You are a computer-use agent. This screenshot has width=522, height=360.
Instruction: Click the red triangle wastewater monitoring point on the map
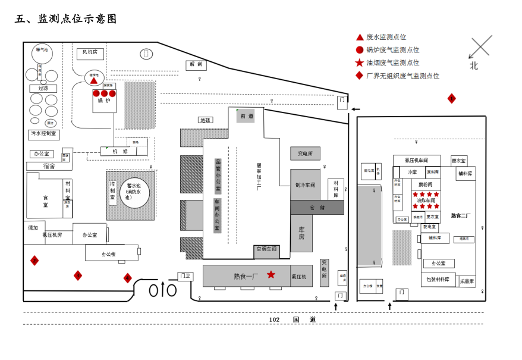coord(94,80)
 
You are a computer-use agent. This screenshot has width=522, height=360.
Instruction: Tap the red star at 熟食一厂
coord(271,274)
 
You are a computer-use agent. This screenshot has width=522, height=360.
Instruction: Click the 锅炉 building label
coord(104,101)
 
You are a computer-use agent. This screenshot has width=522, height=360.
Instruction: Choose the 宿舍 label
coord(49,167)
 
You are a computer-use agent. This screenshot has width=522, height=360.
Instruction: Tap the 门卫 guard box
coord(185,276)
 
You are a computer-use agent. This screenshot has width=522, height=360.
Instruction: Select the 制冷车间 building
coord(305,184)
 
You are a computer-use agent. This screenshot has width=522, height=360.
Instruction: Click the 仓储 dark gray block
coord(317,208)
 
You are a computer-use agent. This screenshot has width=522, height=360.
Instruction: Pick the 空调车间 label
coord(267,249)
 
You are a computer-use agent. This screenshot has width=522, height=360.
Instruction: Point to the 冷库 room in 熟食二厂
coord(413,172)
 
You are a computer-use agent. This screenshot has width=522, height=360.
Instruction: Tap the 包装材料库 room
coord(439,280)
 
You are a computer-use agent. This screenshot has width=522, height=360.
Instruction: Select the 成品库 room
coord(467,281)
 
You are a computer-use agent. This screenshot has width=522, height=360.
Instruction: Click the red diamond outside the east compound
coord(452,99)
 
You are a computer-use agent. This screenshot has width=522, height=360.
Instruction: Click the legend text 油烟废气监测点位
coord(393,62)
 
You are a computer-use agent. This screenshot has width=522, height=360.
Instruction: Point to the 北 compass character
coord(473,66)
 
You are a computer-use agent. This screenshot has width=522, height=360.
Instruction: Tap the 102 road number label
coord(274,320)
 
